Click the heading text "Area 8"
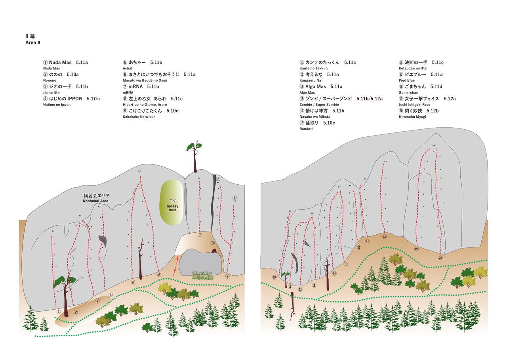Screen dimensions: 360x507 tap(32, 42)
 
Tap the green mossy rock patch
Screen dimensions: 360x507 tap(172, 203)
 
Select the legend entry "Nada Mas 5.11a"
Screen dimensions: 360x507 tap(65, 63)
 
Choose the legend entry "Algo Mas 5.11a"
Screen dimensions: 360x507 tap(321, 86)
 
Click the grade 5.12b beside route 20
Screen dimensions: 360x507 tap(433, 111)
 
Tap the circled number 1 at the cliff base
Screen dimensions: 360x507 tap(58, 312)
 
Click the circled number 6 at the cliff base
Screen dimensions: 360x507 tap(159, 274)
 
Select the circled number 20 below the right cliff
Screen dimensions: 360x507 tap(440, 258)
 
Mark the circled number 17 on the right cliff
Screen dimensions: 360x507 tap(367, 241)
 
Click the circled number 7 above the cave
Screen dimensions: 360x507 tap(200, 235)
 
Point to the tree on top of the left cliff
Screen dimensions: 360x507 tap(194, 155)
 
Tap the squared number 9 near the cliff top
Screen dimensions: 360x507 tap(234, 197)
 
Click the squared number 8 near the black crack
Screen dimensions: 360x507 tap(218, 179)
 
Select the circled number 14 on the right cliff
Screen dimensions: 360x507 tap(334, 273)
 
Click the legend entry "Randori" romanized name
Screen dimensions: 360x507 tap(306, 129)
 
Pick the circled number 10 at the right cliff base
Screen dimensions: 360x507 tap(274, 277)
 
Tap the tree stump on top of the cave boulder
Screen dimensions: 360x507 tap(215, 251)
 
